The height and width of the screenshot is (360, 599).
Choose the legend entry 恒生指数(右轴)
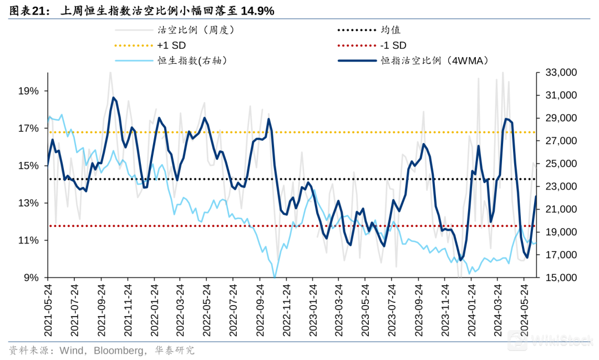coord(192,61)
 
